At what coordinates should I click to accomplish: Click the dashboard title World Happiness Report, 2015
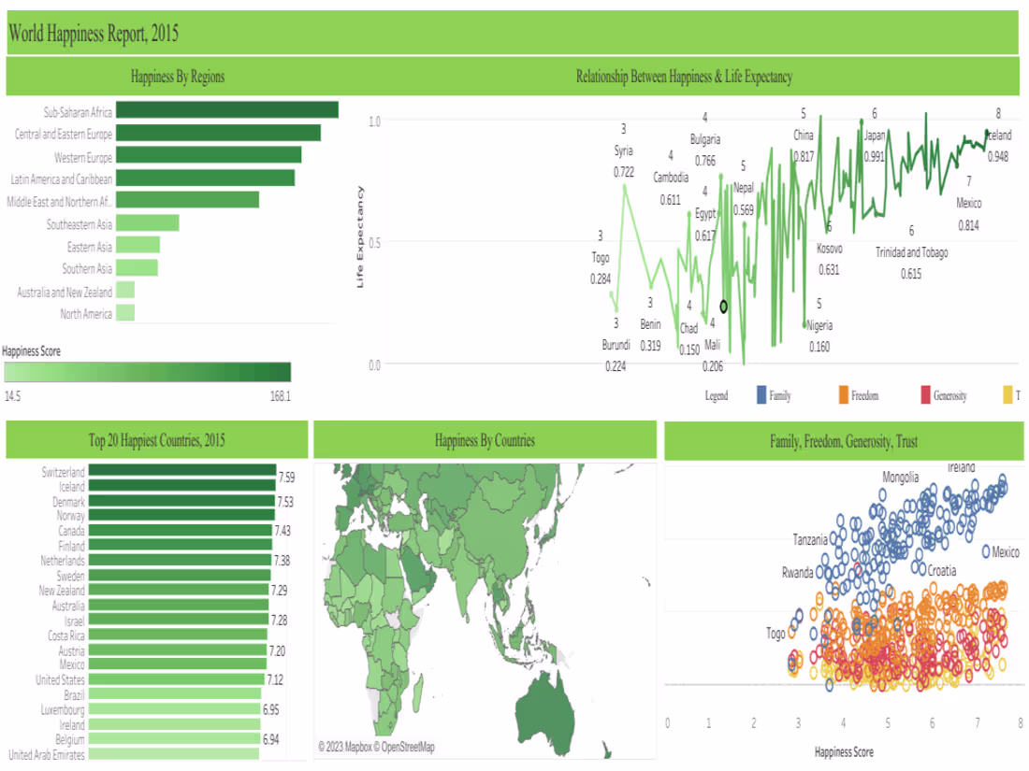pos(94,35)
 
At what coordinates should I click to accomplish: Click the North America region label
pos(86,313)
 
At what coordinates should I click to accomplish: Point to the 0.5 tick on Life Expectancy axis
pos(374,242)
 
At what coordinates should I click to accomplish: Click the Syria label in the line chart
pos(623,150)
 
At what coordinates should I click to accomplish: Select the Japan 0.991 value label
pos(874,157)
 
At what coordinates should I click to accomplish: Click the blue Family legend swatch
pos(761,395)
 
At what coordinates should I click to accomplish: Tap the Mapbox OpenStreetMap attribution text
pos(376,747)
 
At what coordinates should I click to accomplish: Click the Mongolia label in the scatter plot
pos(906,478)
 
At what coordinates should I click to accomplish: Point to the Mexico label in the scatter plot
pos(1007,550)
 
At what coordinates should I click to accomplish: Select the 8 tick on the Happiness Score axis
pos(1019,723)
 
